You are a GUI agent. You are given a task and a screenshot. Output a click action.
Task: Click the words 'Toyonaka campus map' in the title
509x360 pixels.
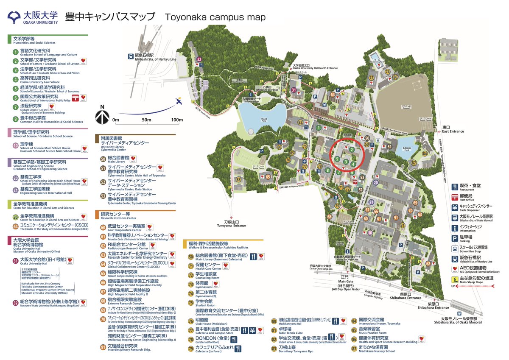click(x=215, y=18)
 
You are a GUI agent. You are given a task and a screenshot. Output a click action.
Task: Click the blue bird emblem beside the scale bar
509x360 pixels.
click(x=178, y=102)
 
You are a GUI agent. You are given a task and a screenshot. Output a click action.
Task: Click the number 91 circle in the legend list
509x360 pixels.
click(x=103, y=347)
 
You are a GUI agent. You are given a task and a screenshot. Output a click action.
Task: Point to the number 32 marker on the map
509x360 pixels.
click(x=199, y=59)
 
